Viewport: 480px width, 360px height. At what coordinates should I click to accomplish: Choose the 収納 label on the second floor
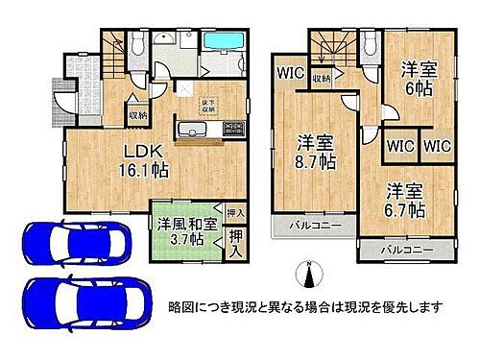coord(320,79)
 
